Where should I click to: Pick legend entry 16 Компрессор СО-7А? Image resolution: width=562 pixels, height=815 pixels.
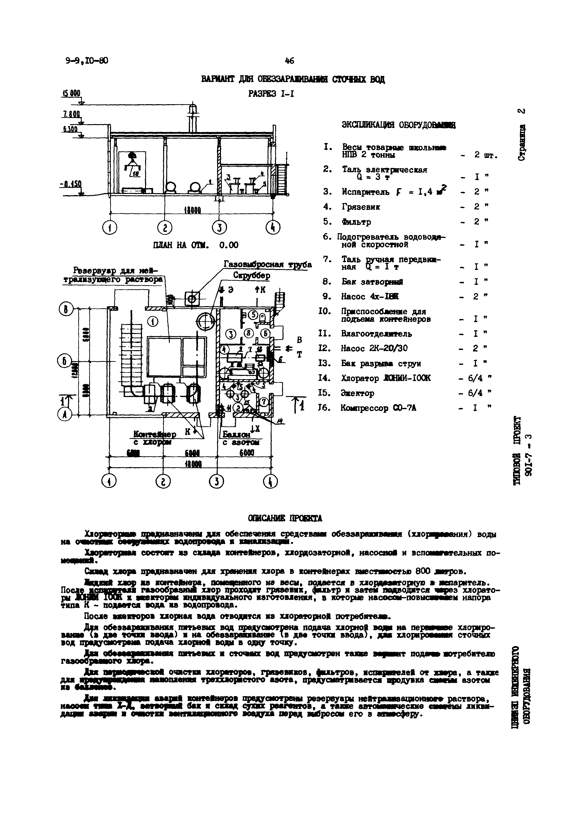[x=378, y=408]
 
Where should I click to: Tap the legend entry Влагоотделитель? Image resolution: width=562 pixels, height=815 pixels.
[x=376, y=334]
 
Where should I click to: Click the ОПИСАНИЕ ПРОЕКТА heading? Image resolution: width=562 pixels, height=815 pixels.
[x=285, y=518]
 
